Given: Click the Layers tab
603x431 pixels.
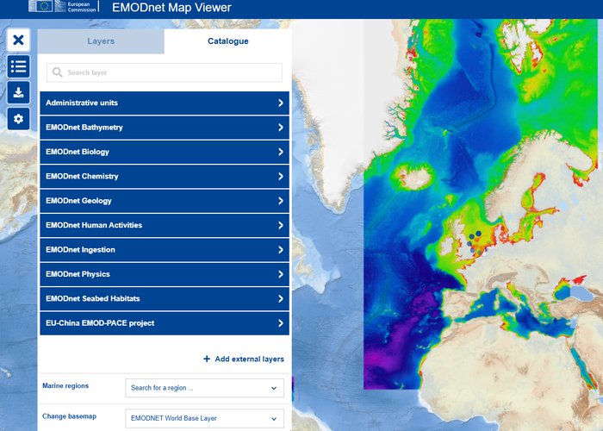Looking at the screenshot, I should coord(101,41).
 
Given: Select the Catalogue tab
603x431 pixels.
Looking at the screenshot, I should coord(227,41).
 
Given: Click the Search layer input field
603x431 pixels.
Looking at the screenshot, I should coord(165,73).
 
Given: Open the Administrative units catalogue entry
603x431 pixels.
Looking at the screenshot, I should coord(165,103).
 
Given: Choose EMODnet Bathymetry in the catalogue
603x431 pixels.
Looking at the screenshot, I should coord(165,128).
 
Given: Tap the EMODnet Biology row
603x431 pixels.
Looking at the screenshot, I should coord(165,152).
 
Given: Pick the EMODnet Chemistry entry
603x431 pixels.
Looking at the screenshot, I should coord(165,177).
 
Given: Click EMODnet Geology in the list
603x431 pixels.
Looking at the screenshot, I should coord(165,201).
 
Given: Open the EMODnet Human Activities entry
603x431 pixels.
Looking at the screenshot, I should coord(165,225).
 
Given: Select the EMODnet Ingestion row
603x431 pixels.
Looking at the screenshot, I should coord(165,250).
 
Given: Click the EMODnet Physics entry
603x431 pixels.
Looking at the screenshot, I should coord(165,274).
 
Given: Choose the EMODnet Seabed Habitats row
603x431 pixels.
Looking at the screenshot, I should coord(165,298).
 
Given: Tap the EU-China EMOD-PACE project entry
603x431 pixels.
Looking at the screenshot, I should coord(165,323).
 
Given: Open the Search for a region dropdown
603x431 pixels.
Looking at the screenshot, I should coord(204,388).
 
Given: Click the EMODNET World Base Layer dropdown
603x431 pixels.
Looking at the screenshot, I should coord(204,419).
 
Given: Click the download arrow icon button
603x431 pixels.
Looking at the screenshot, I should coord(19,92).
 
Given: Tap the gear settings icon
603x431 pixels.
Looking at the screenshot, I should coord(19,119).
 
